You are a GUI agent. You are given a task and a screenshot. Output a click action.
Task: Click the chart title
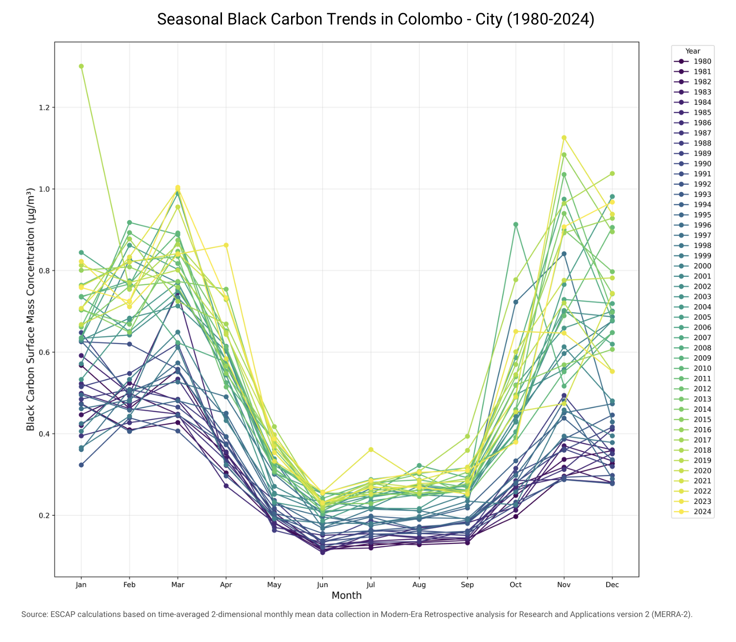click(x=375, y=19)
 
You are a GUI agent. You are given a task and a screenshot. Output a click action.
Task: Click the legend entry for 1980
click(x=692, y=61)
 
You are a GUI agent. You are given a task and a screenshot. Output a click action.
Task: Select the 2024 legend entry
click(x=692, y=512)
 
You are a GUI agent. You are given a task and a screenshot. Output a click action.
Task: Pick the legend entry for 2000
click(x=692, y=266)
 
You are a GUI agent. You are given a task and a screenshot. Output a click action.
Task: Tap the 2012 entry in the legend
click(x=692, y=389)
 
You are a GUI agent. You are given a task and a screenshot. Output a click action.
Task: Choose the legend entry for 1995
click(x=692, y=215)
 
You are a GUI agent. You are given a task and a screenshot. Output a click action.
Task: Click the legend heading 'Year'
click(x=692, y=51)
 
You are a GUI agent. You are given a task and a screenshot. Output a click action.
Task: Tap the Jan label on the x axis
click(x=81, y=585)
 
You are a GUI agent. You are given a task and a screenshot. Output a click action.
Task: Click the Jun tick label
click(x=322, y=585)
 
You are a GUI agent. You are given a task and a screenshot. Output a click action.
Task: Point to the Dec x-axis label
click(x=612, y=585)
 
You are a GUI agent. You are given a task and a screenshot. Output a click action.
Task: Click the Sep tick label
click(x=467, y=585)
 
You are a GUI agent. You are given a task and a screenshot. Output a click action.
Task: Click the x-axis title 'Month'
click(x=346, y=595)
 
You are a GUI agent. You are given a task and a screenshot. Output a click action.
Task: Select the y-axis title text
click(x=30, y=309)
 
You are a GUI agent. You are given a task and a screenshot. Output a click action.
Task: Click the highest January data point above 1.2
click(x=81, y=66)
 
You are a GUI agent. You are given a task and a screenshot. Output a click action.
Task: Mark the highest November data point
click(x=564, y=138)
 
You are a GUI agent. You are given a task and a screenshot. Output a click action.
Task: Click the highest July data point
click(x=370, y=449)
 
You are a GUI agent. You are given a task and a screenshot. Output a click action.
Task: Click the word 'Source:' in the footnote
click(x=34, y=614)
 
